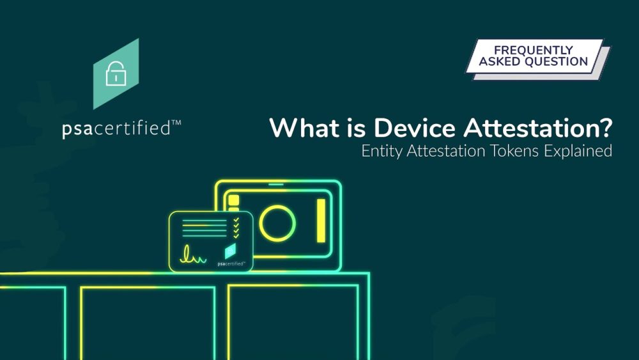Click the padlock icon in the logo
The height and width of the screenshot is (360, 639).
point(116,74)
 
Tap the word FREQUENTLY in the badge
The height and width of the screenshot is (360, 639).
point(534,50)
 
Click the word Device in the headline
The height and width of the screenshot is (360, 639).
point(415,128)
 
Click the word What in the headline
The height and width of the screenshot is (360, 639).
point(305,128)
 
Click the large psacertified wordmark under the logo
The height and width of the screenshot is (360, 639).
point(116,129)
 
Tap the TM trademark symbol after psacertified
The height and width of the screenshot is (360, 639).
point(176,123)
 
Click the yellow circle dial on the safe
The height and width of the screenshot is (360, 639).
point(277,223)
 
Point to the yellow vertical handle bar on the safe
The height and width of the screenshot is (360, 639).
point(321,221)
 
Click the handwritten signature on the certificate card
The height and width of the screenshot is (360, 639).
point(193,254)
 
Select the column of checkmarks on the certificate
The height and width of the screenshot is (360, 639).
point(236,228)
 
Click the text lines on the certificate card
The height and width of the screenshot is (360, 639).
point(204,228)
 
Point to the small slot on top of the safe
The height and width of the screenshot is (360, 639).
point(276,184)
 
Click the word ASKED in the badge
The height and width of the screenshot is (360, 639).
point(500,61)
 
